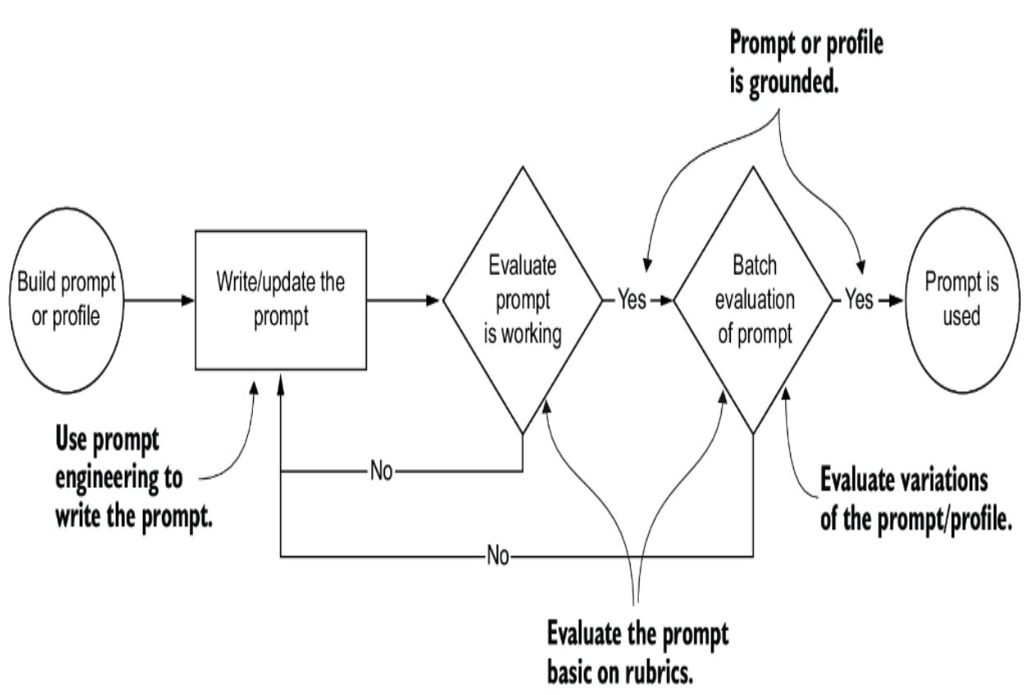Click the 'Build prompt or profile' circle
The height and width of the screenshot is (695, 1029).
(x=67, y=301)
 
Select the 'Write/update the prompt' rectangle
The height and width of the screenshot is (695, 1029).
(x=280, y=300)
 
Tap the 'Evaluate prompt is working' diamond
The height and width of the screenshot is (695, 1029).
(x=523, y=301)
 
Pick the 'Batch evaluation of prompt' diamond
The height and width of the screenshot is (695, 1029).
(x=754, y=301)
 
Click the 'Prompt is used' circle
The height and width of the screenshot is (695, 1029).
(x=962, y=301)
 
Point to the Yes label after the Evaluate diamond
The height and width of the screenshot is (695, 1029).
(x=632, y=301)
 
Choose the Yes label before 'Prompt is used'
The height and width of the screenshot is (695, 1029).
(x=859, y=301)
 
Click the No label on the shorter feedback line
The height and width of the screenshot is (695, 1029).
(x=381, y=472)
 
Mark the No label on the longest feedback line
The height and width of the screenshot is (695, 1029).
(x=498, y=557)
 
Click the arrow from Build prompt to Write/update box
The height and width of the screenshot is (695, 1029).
(x=159, y=301)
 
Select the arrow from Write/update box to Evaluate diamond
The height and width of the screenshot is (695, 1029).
(x=404, y=301)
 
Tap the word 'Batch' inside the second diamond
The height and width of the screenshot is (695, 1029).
(x=754, y=267)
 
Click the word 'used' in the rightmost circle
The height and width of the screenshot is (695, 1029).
(x=962, y=317)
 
